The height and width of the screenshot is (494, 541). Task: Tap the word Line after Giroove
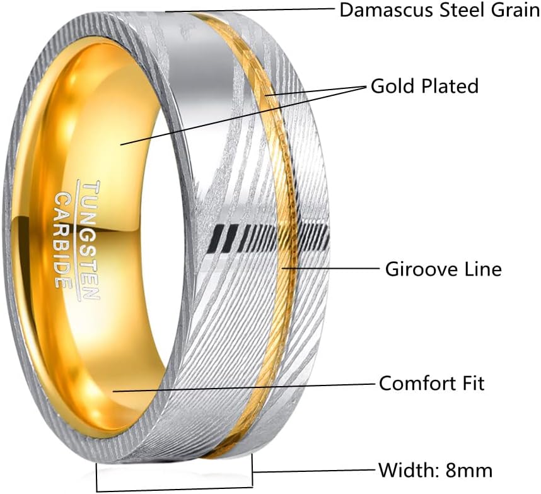[x=480, y=269]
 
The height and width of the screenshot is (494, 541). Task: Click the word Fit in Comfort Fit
[x=472, y=383]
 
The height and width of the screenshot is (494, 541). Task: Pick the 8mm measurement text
[x=468, y=470]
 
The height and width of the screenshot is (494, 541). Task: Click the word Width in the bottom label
[x=407, y=470]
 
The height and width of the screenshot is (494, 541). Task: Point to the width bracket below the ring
[x=173, y=489]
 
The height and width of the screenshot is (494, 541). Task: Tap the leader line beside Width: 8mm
[x=315, y=471]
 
